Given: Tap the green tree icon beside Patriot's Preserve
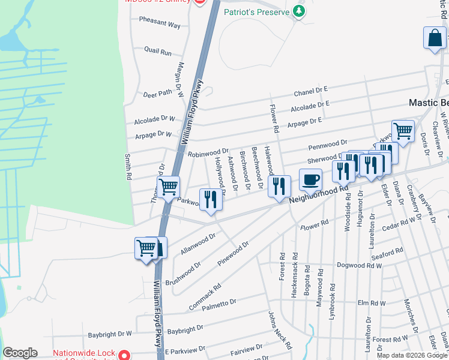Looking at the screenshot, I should (x=298, y=11).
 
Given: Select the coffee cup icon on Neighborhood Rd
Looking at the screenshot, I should (x=310, y=179).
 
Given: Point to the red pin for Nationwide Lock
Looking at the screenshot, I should (x=124, y=355).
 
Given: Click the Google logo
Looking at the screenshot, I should (x=20, y=353).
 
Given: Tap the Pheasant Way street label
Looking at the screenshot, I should (x=160, y=25).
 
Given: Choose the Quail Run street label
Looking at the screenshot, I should (x=158, y=52).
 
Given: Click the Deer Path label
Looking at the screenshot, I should (x=157, y=94).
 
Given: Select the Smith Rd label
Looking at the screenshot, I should (x=127, y=167).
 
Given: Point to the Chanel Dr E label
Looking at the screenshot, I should (x=310, y=92).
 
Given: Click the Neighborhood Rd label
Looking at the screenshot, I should (x=318, y=195).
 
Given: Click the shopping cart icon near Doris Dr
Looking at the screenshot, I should (x=403, y=130).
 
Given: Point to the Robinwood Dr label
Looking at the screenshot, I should (x=208, y=153).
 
